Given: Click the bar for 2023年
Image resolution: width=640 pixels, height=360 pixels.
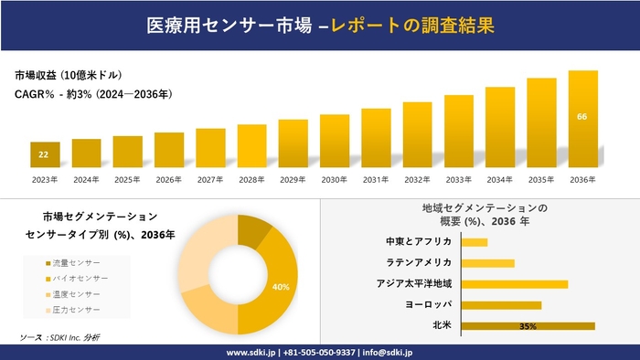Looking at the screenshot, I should [45, 154].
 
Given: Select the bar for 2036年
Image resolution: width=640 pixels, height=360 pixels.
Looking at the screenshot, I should [582, 119].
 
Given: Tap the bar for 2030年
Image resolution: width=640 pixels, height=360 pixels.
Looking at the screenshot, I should [335, 141].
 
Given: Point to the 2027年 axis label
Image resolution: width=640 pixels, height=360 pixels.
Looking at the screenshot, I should [210, 179].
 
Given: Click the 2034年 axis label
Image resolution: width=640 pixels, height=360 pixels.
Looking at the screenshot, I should [500, 179].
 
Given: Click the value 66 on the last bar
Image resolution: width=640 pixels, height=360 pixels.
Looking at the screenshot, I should [582, 117].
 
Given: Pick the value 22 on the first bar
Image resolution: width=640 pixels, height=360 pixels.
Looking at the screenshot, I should [44, 154].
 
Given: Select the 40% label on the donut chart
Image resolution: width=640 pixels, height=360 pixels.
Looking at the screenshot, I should [281, 287].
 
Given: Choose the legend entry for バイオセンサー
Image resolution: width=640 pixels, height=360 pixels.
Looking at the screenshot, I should [78, 278].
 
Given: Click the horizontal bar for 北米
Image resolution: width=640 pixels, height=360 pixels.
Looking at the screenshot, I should [528, 325].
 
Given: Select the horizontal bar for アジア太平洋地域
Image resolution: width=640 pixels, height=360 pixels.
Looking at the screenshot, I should [515, 283].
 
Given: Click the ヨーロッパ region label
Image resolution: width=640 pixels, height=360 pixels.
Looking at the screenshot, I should [427, 304].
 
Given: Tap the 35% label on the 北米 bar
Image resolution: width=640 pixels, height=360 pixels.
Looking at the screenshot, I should [527, 326].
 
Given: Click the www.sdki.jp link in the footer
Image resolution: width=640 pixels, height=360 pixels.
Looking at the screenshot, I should [252, 352].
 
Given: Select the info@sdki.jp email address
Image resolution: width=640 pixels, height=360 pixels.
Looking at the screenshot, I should [389, 352].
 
